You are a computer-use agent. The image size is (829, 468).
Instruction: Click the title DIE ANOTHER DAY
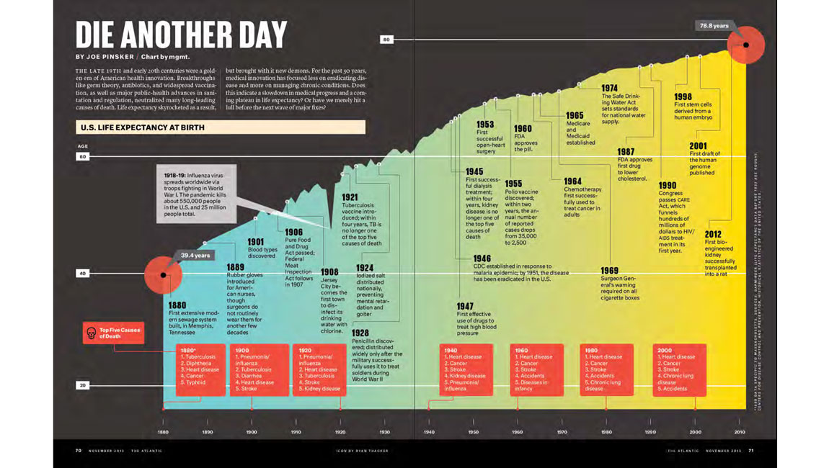point(181,34)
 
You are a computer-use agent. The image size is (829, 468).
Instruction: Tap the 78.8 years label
point(714,26)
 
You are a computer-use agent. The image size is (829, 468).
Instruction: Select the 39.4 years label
point(195,256)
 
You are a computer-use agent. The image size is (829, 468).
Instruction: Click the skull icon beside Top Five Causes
point(91,333)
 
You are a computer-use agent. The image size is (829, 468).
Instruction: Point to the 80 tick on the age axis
point(386,39)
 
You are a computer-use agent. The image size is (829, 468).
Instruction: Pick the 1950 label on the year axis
point(473,432)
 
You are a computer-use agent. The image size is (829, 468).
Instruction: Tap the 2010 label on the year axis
point(740,432)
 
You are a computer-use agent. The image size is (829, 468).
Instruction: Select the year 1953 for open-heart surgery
point(485,125)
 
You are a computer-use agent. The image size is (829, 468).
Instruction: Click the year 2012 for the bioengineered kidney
point(713,234)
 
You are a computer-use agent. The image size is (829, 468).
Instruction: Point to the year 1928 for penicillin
point(360,333)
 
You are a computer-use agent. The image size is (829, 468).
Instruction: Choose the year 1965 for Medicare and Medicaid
point(575,115)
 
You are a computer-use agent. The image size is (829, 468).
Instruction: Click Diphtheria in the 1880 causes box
point(195,364)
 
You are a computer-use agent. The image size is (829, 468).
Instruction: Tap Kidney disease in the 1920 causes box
point(321,389)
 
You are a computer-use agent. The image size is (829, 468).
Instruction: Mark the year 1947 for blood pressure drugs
point(465,307)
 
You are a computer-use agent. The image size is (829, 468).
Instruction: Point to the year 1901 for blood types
point(256,242)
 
